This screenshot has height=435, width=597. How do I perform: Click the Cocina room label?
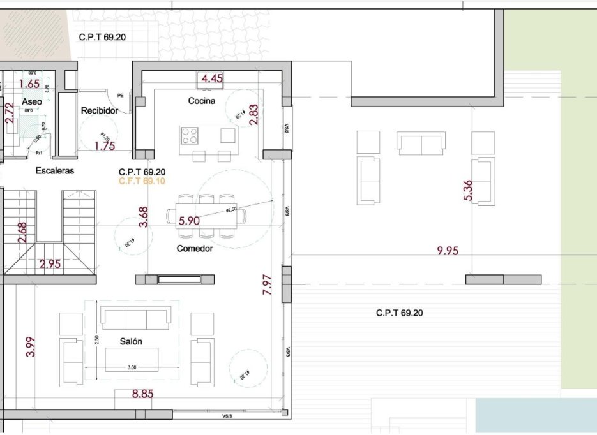[x=201, y=101]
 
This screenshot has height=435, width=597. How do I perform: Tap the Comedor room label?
[x=195, y=249]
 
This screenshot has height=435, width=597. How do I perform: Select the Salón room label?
[x=131, y=342]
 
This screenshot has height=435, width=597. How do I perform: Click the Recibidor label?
[x=100, y=111]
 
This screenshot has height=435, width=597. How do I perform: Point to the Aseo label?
[x=32, y=102]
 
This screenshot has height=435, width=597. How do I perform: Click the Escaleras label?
[x=55, y=171]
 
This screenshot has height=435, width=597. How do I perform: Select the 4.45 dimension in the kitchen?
[x=212, y=79]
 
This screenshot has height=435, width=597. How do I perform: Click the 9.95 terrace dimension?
[x=448, y=251]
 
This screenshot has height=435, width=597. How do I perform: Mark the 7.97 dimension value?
[x=268, y=284]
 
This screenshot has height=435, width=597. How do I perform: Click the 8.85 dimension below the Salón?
[x=143, y=394]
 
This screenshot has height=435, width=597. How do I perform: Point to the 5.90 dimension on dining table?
[x=190, y=221]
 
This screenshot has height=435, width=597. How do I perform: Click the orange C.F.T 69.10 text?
[x=142, y=181]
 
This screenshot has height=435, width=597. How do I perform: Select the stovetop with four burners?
[x=190, y=135]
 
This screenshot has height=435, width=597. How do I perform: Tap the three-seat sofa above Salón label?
[x=136, y=318]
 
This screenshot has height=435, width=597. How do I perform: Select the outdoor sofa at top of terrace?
[x=421, y=143]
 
